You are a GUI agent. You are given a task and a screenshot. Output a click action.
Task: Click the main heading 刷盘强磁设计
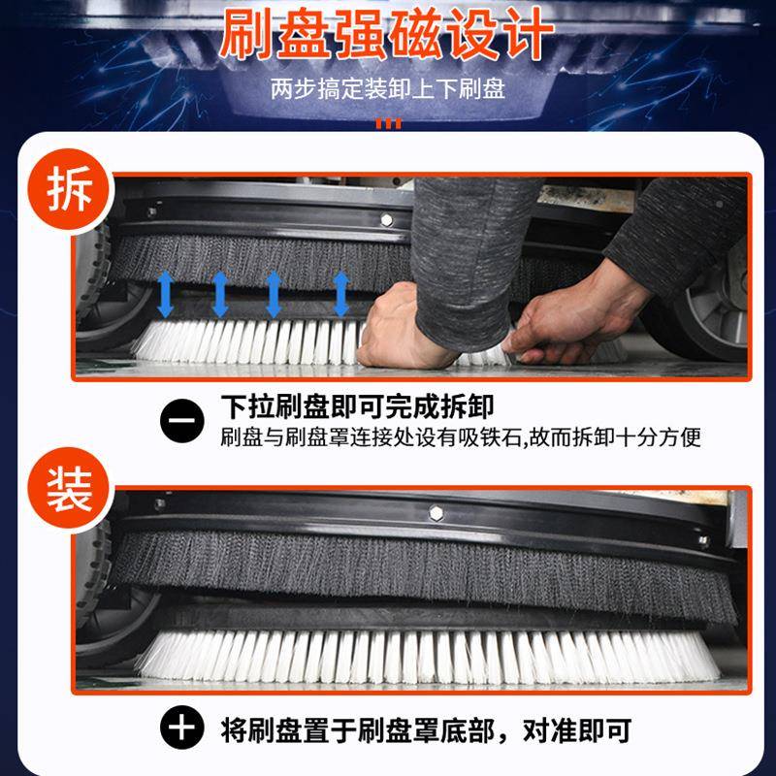click(387, 36)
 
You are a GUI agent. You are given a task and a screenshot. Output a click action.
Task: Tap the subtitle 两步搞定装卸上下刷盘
click(388, 91)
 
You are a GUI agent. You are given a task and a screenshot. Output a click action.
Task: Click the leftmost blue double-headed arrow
click(166, 294)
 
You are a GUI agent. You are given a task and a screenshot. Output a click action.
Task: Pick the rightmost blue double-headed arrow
click(340, 294)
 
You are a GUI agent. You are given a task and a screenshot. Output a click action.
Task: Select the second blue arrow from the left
click(220, 294)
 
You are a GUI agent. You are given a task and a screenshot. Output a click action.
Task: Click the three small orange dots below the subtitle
click(388, 123)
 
